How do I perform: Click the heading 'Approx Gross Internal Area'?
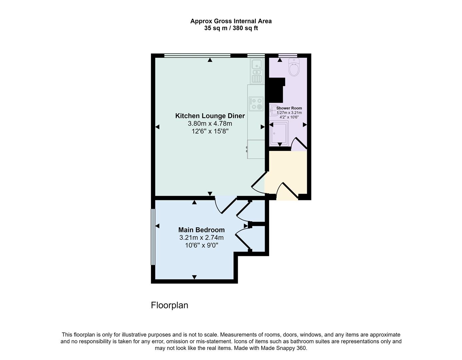[231, 21]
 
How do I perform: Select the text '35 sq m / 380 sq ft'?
[231, 28]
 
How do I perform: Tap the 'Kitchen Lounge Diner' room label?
[210, 116]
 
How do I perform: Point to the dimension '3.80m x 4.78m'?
[210, 124]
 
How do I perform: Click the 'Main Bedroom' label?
[201, 230]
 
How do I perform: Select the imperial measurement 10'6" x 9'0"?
[201, 245]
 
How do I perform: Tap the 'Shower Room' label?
[289, 108]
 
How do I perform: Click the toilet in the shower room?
[294, 68]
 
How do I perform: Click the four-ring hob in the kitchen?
[256, 103]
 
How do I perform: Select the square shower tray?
[279, 133]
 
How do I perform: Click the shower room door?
[299, 143]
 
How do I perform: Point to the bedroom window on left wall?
[153, 237]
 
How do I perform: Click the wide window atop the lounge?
[197, 55]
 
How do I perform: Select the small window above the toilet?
[288, 55]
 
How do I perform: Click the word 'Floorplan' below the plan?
[169, 305]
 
